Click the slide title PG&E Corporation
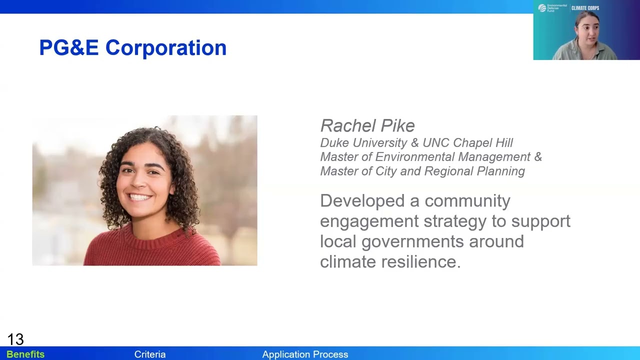[x=132, y=48]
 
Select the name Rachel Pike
[x=367, y=125]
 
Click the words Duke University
[x=364, y=143]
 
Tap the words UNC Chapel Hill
[x=467, y=143]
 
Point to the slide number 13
[x=15, y=339]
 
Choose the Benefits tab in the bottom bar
[x=25, y=354]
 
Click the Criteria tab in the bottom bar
[x=149, y=354]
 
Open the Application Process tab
[x=305, y=354]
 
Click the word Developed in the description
[x=362, y=201]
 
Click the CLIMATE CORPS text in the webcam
[x=585, y=8]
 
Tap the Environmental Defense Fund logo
[x=552, y=8]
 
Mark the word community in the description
[x=467, y=201]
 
